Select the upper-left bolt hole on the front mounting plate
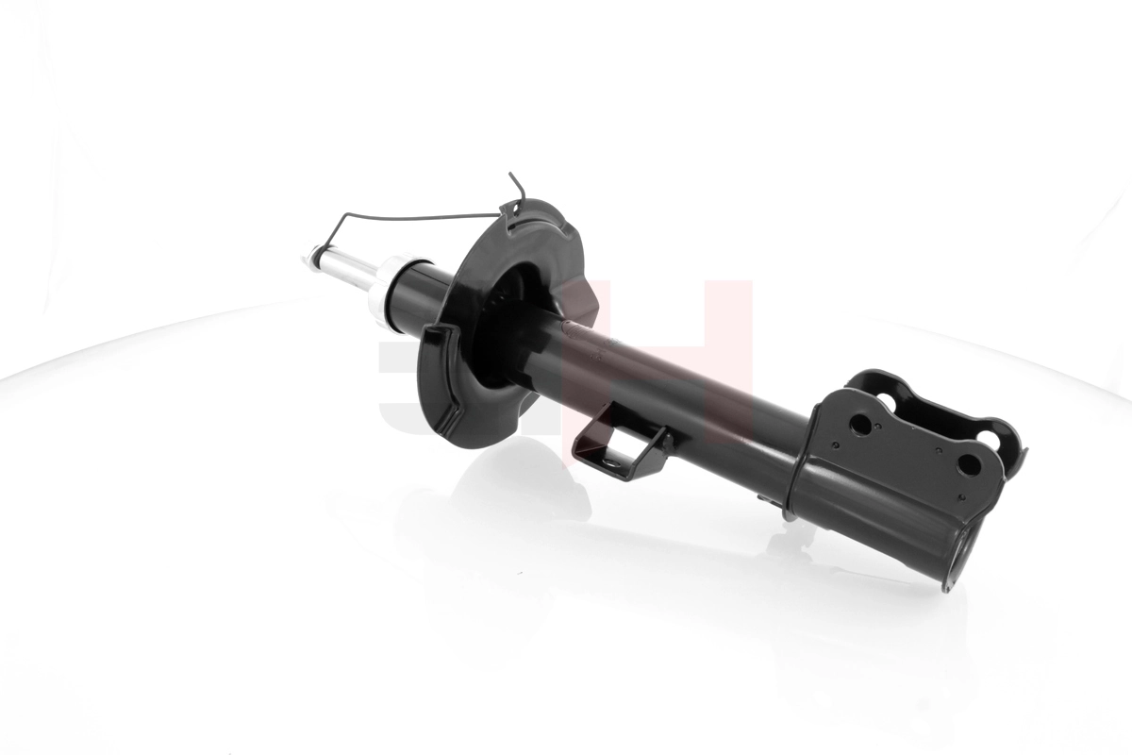[x=860, y=424]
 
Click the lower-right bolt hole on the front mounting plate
[x=969, y=464]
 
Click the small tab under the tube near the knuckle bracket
[x=786, y=511]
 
